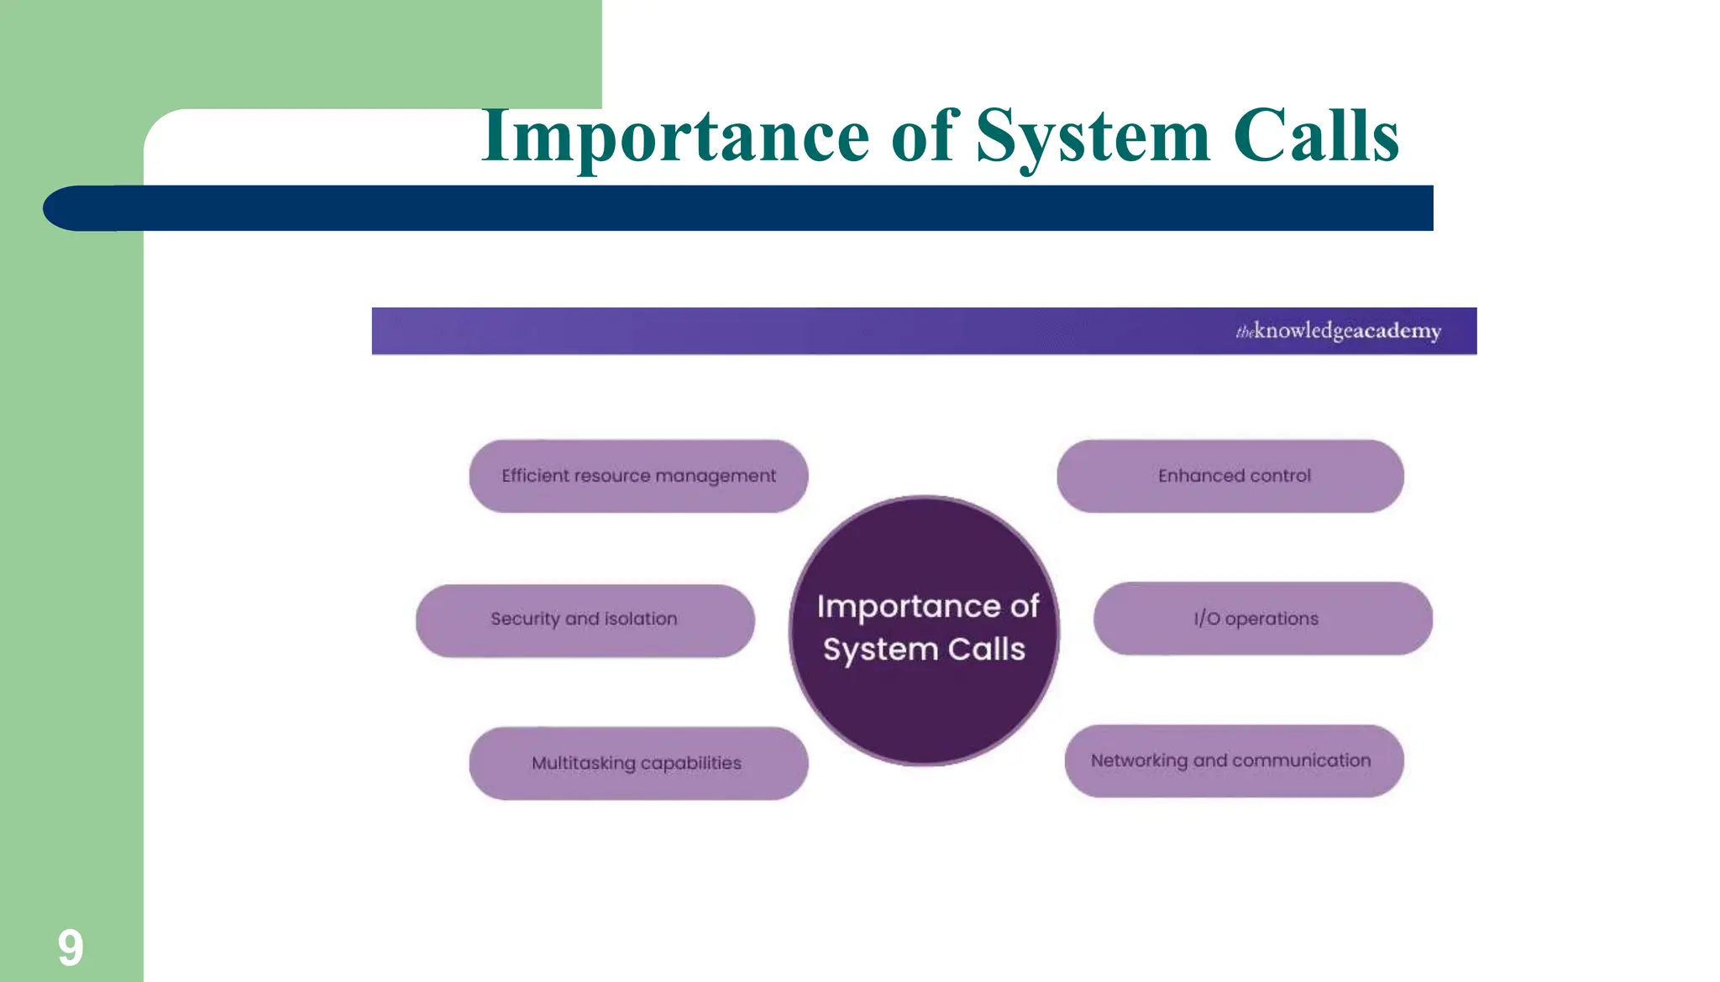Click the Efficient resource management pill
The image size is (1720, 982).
point(638,476)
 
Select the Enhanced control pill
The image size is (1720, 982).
point(1230,476)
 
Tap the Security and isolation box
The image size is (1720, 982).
point(585,620)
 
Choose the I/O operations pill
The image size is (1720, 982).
point(1262,619)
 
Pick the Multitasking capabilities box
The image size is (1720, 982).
point(638,763)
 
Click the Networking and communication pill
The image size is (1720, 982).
point(1234,760)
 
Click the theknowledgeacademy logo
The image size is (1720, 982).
point(1338,331)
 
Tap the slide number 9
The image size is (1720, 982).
point(71,948)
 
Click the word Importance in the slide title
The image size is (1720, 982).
point(675,136)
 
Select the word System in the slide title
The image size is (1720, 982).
point(1092,136)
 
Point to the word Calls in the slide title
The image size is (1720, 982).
point(1315,136)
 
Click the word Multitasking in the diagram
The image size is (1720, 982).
point(584,763)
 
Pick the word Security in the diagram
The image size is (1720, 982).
point(525,619)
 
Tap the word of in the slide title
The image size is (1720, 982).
point(922,136)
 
